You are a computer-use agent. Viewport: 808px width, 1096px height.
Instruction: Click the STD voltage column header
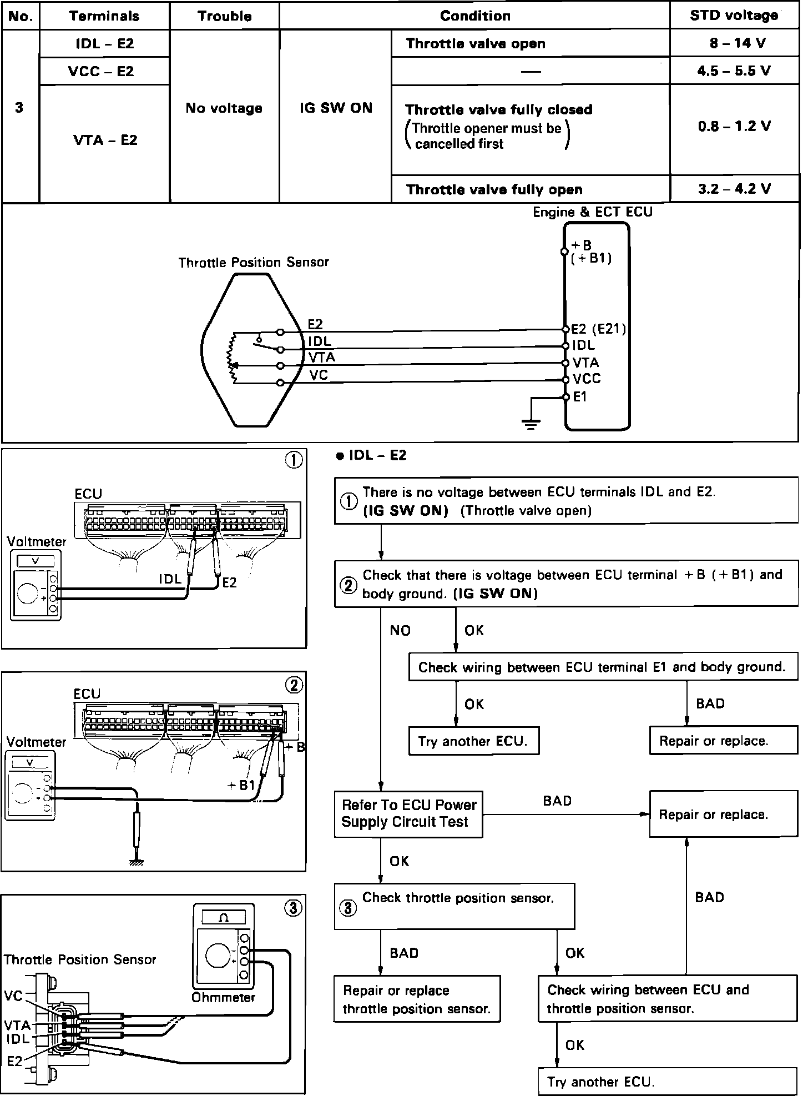click(x=734, y=16)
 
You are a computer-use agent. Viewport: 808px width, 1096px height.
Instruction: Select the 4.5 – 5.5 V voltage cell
click(x=734, y=71)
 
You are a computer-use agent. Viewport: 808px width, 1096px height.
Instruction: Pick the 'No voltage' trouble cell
click(x=224, y=108)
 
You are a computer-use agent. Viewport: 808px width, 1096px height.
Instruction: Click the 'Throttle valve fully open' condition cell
click(x=494, y=190)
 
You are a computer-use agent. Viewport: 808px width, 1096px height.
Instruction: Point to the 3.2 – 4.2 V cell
click(x=734, y=189)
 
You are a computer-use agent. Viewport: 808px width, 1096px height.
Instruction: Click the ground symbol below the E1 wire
click(x=531, y=425)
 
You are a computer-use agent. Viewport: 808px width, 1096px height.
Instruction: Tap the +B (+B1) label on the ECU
click(x=590, y=252)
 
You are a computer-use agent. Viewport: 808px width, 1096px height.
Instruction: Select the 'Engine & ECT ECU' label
click(x=592, y=212)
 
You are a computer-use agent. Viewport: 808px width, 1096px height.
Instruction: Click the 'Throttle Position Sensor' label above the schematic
click(x=253, y=262)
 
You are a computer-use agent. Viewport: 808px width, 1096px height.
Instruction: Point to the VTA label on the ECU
click(x=585, y=363)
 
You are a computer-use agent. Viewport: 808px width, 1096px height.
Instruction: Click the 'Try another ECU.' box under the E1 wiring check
click(x=473, y=741)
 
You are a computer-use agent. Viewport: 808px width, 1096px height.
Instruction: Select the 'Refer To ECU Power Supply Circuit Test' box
click(x=408, y=814)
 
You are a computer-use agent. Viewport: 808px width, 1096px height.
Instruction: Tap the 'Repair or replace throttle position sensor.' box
click(x=416, y=999)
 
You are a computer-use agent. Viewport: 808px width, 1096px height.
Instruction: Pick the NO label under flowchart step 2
click(x=400, y=631)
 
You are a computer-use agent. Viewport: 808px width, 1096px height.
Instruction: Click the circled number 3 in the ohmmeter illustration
click(x=293, y=908)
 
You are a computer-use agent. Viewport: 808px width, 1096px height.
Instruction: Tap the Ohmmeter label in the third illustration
click(x=223, y=998)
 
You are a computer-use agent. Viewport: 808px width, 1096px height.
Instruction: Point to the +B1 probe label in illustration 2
click(x=241, y=786)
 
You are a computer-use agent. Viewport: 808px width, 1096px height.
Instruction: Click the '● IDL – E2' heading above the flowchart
click(x=372, y=456)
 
